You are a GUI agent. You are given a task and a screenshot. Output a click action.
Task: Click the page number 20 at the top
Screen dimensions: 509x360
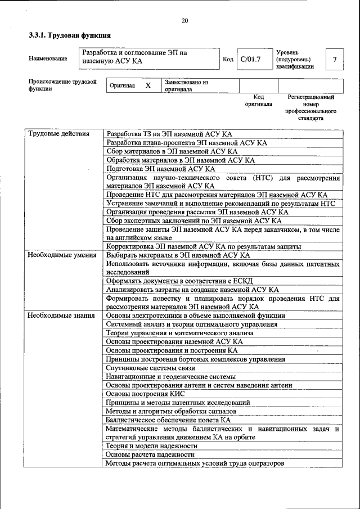pos(184,21)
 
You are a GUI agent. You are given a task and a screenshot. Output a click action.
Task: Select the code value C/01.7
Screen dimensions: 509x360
pos(250,59)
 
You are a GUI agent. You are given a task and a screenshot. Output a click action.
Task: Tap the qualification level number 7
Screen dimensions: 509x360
pos(335,59)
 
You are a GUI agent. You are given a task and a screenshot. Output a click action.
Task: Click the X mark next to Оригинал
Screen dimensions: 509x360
pos(148,85)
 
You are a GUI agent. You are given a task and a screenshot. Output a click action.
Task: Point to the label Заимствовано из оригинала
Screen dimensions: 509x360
pos(186,85)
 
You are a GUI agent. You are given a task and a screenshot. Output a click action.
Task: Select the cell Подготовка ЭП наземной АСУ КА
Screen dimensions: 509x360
pos(161,169)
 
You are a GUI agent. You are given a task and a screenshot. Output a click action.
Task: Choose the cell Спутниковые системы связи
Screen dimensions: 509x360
pos(150,367)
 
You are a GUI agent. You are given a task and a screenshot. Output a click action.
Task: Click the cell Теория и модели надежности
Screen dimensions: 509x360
pos(152,445)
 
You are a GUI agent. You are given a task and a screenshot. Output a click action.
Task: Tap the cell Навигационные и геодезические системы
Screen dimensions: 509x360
pos(170,376)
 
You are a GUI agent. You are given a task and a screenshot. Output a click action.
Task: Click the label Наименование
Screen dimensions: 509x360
pos(48,58)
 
